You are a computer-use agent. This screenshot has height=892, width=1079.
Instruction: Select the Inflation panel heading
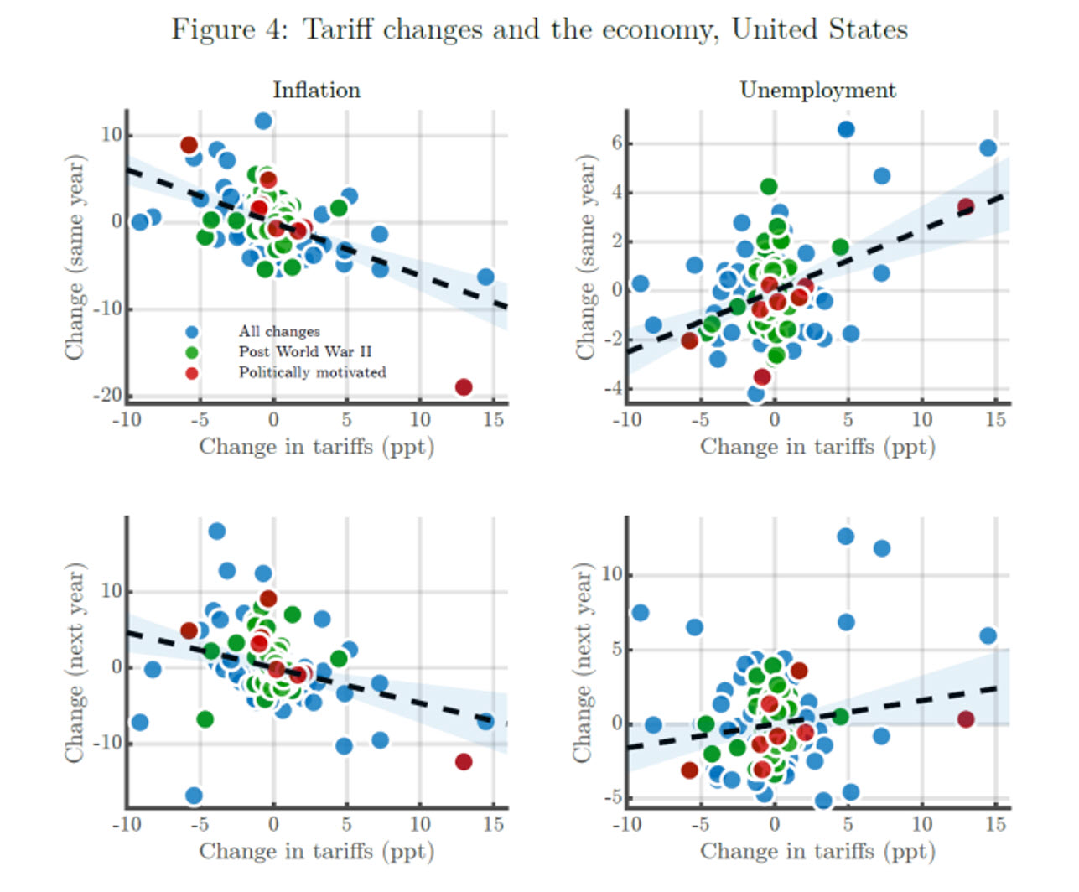coord(316,90)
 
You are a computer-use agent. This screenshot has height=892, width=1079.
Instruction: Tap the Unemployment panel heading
coord(817,90)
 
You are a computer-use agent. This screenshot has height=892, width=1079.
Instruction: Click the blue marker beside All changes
coord(192,332)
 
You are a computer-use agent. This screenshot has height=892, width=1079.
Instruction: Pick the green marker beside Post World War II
coord(192,352)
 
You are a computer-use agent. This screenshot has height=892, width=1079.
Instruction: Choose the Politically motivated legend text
coord(312,372)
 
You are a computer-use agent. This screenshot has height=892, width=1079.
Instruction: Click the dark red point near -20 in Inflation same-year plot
coord(464,387)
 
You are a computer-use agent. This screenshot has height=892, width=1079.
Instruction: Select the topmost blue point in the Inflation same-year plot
coord(263,121)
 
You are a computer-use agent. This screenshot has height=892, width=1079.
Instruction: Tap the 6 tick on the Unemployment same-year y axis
coord(617,143)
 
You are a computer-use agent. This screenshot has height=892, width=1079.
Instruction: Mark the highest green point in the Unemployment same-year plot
coord(769,186)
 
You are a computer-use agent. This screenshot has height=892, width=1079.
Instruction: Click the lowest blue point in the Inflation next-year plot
coord(194,796)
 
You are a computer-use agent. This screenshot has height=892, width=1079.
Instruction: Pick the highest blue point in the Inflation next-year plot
coord(216,531)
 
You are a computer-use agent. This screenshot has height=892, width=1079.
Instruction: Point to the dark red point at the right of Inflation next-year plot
coord(464,761)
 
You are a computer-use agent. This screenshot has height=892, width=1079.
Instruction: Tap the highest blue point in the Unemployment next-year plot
coord(845,536)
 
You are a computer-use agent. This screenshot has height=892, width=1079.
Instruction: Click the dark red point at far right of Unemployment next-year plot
coord(966,719)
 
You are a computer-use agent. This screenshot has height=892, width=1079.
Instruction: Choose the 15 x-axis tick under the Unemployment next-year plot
coord(995,824)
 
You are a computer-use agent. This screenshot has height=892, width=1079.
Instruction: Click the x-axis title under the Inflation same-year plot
coord(316,447)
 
